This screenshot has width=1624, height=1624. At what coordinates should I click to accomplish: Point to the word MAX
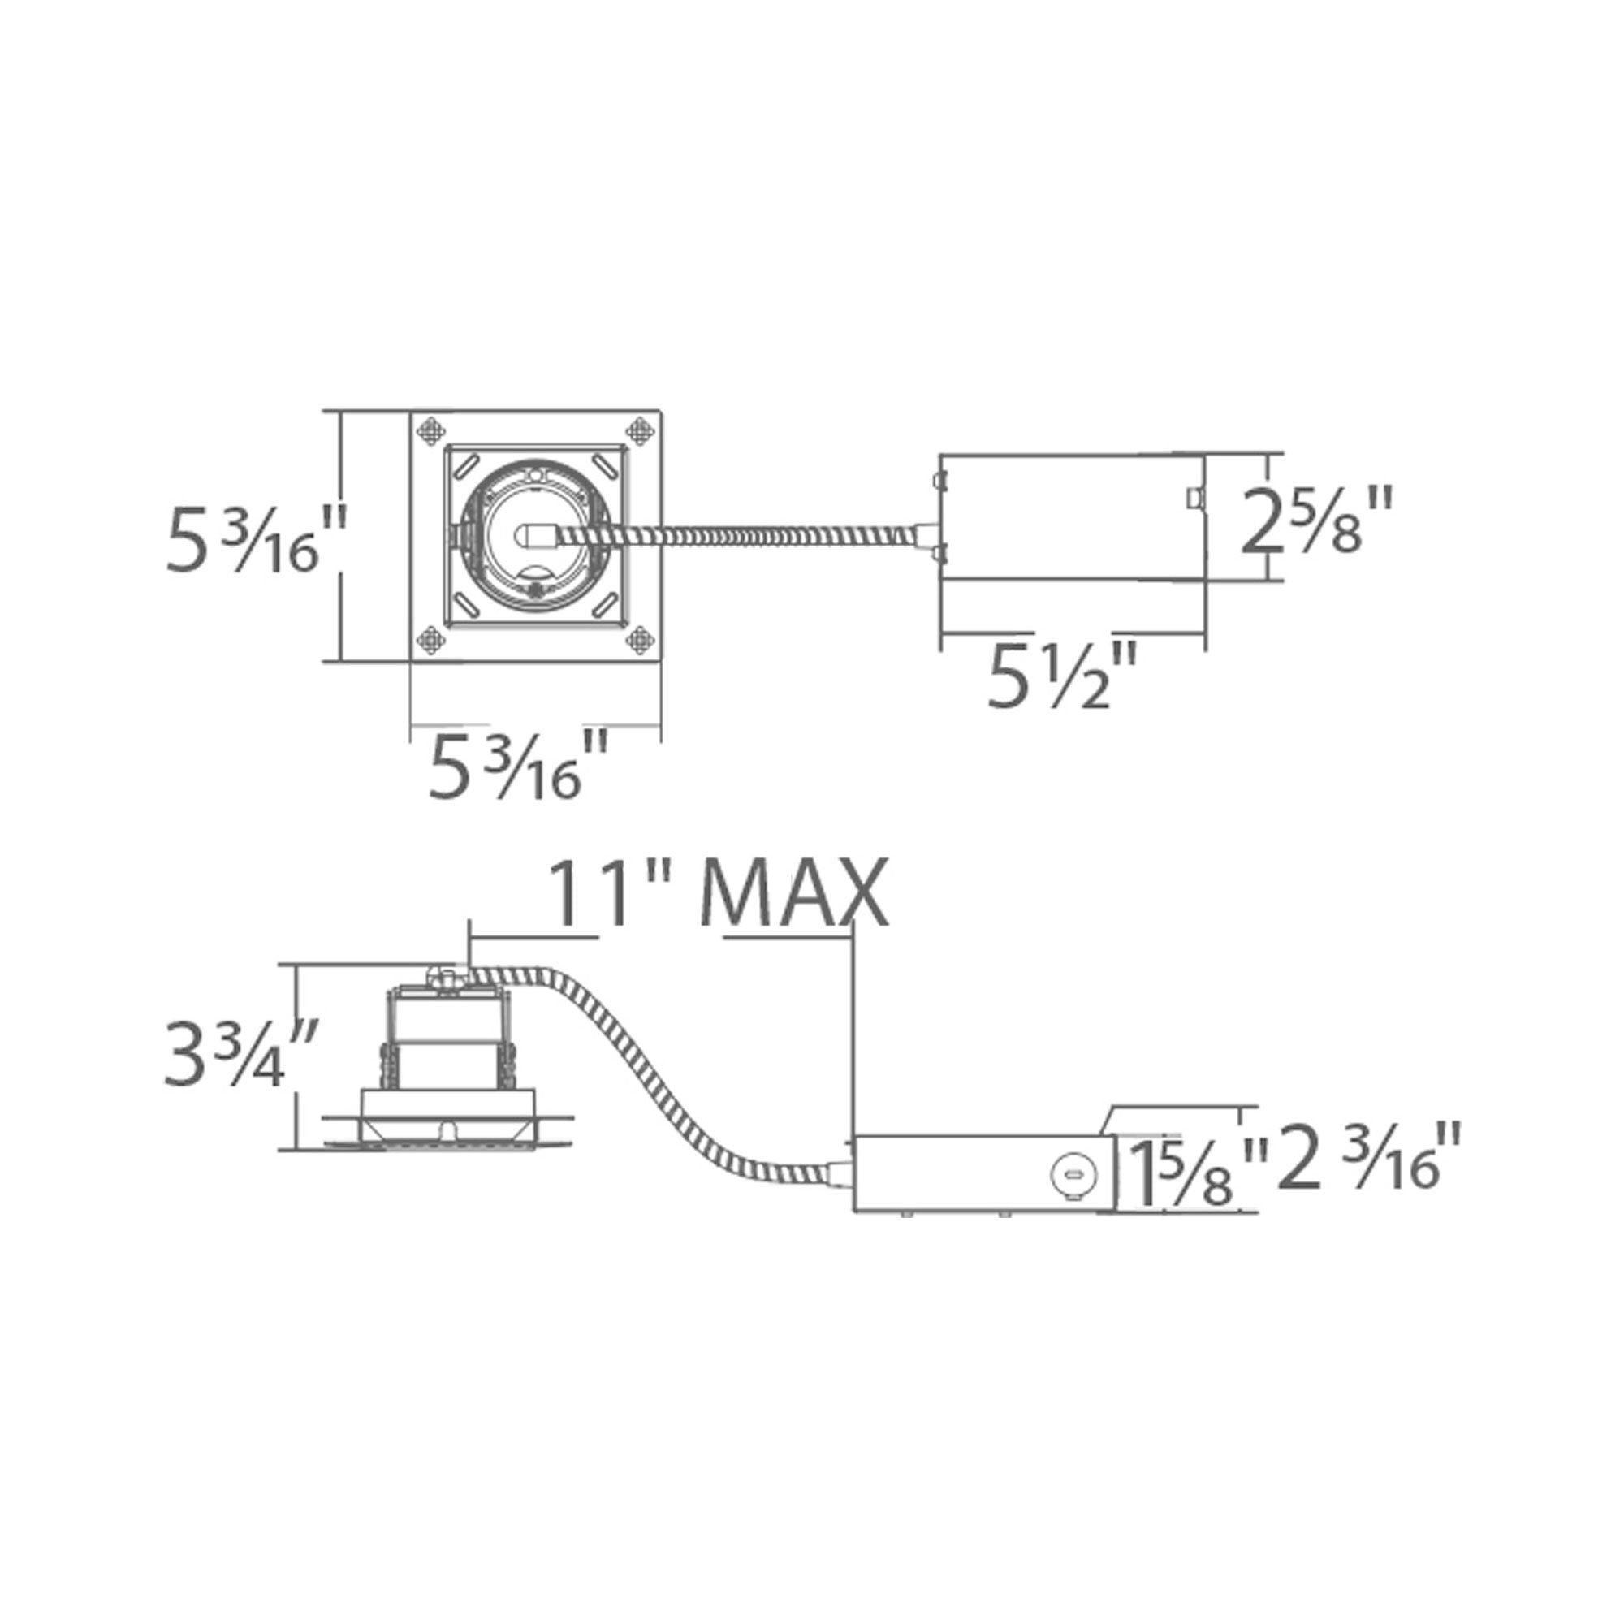coord(794,892)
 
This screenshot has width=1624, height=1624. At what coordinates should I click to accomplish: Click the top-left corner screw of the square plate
coord(432,431)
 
